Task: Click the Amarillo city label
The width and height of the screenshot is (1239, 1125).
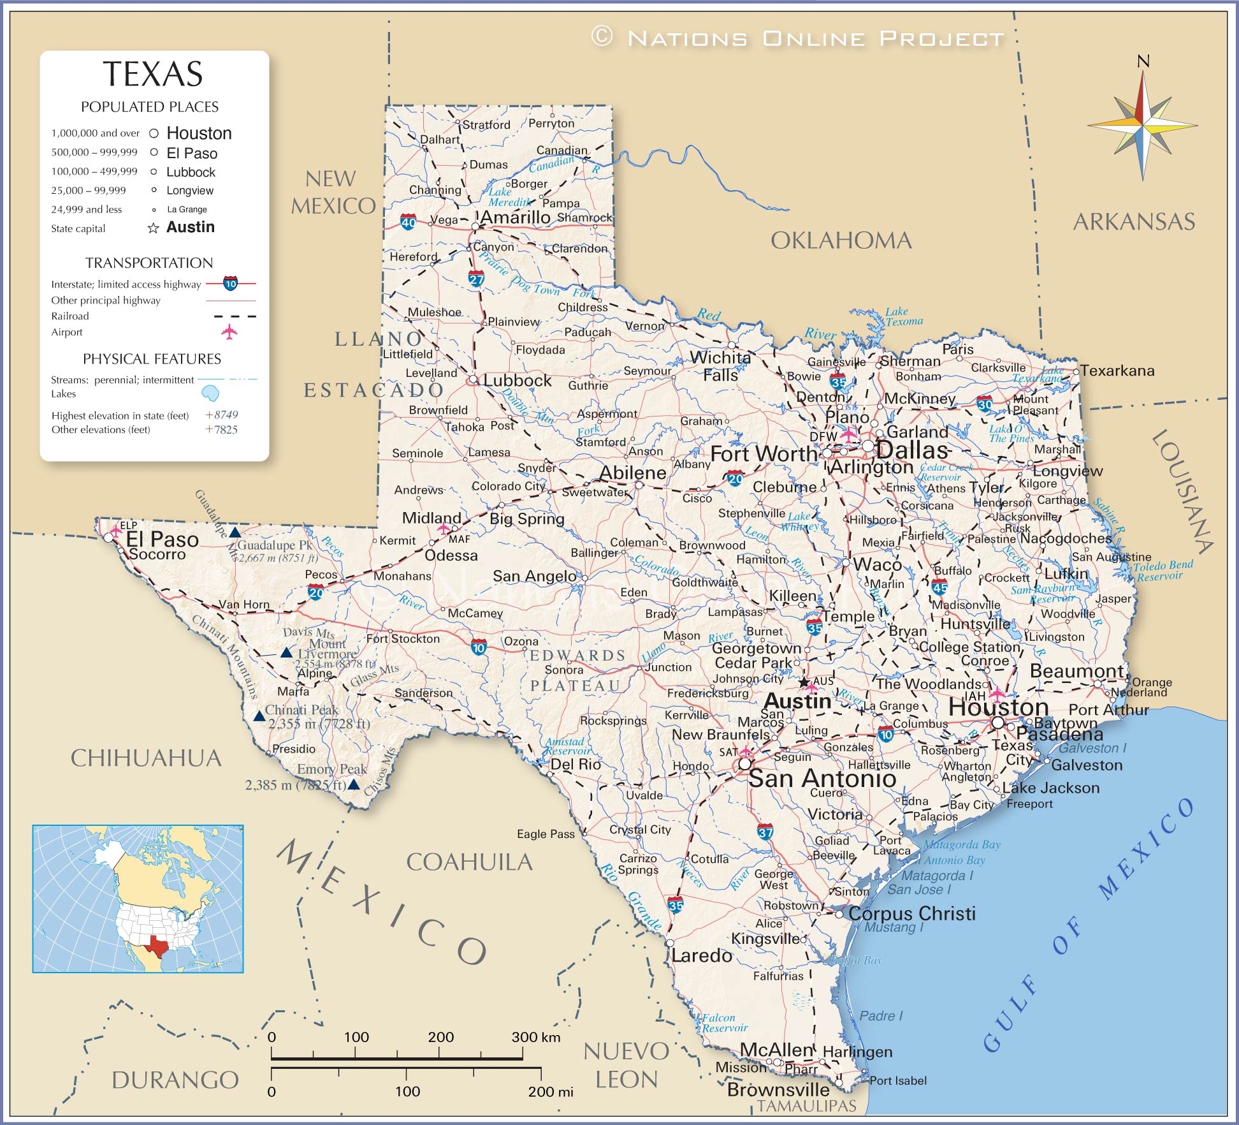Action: pos(515,217)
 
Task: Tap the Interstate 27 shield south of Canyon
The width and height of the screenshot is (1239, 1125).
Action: pos(476,279)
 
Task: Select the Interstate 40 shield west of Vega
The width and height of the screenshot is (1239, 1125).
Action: pos(408,223)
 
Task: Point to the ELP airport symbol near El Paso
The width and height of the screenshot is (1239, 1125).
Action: pos(116,530)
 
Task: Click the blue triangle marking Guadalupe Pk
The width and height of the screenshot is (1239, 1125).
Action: pos(235,532)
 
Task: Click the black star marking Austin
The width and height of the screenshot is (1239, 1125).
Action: pos(804,682)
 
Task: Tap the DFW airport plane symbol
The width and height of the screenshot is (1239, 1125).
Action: pos(848,436)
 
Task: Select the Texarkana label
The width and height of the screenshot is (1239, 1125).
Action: pos(1117,371)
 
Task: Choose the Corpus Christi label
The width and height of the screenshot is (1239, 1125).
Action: pos(911,913)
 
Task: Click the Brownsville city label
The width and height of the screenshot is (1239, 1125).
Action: pos(778,1089)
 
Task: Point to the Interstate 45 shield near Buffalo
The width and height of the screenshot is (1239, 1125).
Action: pos(939,586)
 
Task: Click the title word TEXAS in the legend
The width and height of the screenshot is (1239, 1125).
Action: pos(153,74)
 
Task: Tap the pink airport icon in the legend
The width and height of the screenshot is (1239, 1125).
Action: pos(229,332)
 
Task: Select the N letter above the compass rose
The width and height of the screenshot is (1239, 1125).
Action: pos(1143,61)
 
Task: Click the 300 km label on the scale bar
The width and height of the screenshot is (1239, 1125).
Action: pos(535,1037)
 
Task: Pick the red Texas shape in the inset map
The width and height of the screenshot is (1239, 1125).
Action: pos(155,945)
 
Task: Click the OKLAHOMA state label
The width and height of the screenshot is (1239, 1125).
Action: pos(841,240)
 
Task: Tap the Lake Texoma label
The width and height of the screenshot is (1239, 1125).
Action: pos(903,316)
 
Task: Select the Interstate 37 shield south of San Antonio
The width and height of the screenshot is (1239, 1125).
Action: pos(765,832)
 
